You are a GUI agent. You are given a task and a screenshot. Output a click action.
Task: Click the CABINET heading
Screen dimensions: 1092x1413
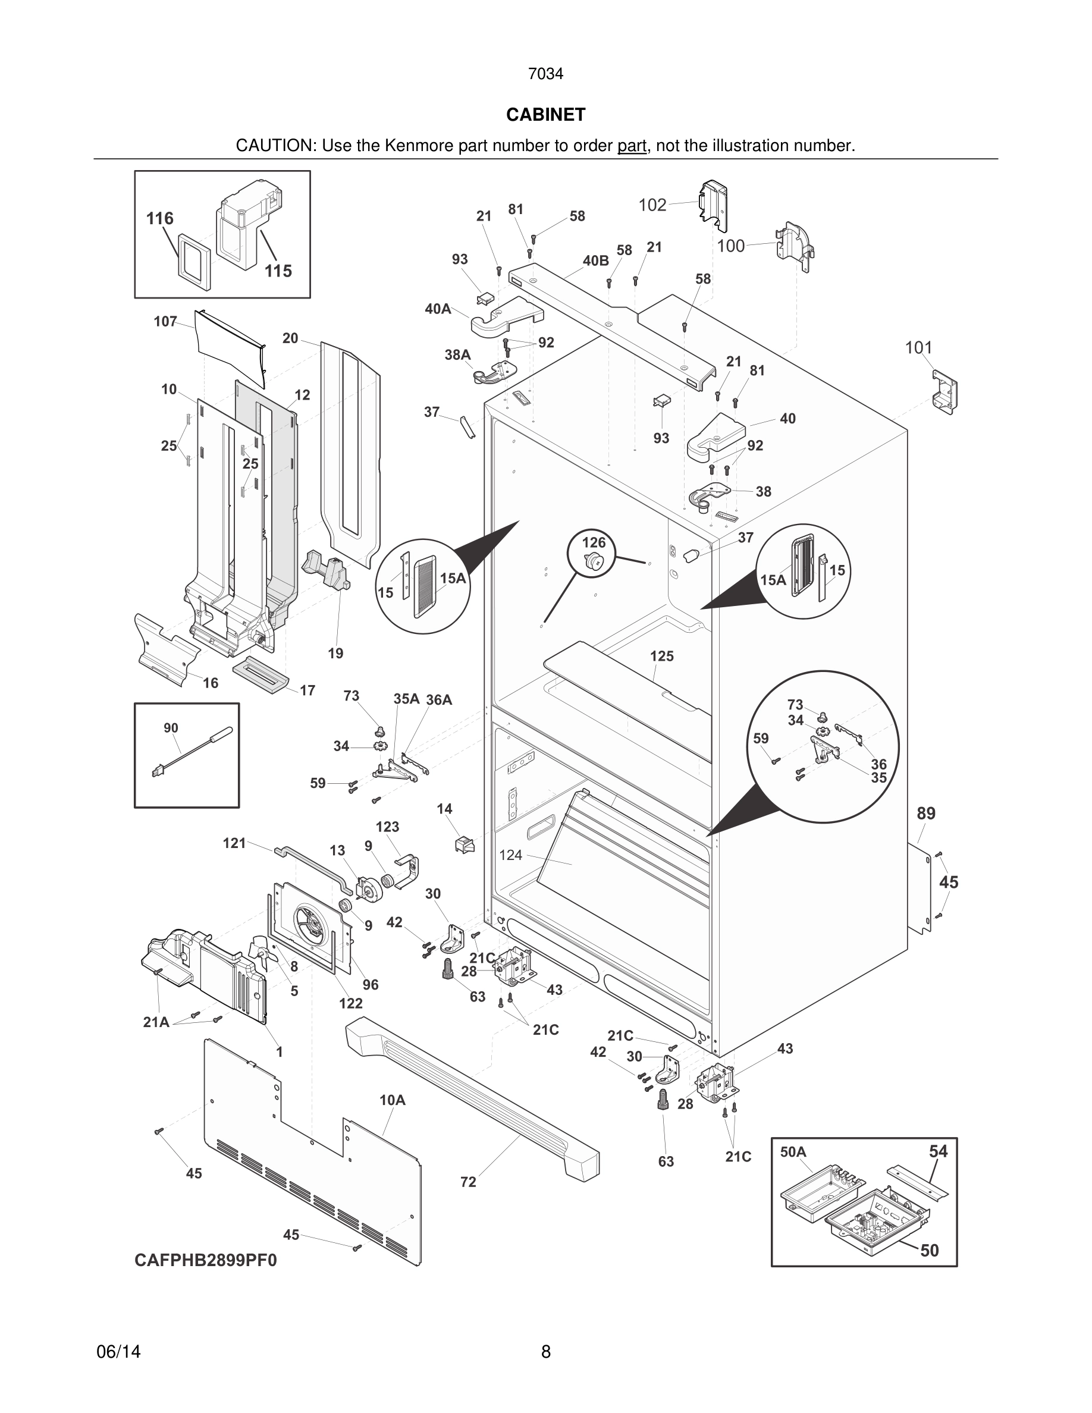pos(545,115)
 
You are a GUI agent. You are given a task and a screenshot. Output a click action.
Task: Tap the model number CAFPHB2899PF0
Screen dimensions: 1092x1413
pos(206,1260)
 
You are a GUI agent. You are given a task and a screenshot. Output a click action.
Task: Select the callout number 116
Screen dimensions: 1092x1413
pos(160,219)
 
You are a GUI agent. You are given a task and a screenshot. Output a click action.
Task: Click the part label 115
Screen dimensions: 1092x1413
pos(278,271)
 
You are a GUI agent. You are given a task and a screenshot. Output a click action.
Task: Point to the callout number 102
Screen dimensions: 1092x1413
pos(652,205)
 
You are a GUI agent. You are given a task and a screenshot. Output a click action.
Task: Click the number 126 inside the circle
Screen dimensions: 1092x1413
pos(594,542)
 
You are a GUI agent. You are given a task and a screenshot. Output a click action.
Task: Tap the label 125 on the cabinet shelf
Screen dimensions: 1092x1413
pos(662,656)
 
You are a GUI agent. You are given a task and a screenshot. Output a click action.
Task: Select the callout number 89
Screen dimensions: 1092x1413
pos(925,814)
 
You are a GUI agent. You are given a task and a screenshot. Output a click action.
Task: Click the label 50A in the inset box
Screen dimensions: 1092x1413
pos(793,1151)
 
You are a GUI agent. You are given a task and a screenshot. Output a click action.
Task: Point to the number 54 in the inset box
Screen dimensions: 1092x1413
pos(938,1151)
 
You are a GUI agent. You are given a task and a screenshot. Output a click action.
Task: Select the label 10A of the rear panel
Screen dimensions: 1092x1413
pos(392,1100)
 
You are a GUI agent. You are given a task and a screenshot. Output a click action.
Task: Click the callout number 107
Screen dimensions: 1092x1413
pos(165,322)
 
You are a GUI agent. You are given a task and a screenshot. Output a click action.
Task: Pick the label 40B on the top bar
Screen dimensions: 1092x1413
pos(596,260)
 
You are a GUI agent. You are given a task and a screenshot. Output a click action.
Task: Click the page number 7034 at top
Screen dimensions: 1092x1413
pos(545,74)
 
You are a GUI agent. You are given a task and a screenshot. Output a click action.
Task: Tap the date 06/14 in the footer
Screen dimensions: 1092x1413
pos(118,1352)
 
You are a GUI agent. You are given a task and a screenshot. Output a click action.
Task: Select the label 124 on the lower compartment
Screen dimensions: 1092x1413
pos(510,855)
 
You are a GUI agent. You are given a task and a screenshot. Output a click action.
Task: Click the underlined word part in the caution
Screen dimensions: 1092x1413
pos(632,146)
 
